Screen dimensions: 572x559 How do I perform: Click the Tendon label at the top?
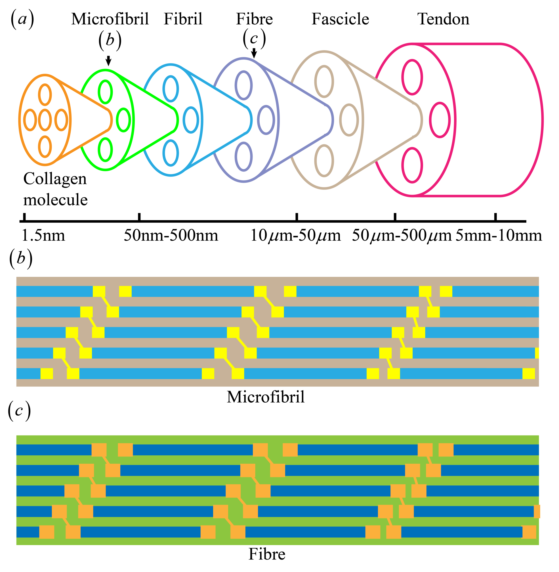(443, 19)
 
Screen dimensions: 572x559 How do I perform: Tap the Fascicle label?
(340, 19)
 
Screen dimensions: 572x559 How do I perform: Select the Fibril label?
(183, 19)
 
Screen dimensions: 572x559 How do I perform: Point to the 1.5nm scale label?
(43, 235)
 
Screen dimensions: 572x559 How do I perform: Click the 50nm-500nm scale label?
(171, 235)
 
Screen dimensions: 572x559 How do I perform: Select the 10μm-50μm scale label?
(295, 235)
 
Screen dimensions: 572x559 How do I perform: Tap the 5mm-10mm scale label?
(499, 235)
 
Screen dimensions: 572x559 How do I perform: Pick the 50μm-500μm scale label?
(401, 235)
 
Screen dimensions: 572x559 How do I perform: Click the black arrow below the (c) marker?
(254, 53)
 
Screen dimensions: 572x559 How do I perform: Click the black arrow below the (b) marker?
(108, 60)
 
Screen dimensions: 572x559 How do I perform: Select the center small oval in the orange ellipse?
(45, 120)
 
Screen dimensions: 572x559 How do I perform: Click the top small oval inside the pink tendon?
(412, 77)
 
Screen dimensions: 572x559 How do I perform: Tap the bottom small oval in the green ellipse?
(105, 150)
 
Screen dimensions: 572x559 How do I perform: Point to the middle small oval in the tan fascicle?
(349, 120)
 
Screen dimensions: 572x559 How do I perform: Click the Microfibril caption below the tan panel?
(266, 397)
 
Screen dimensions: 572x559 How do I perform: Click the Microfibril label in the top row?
(110, 19)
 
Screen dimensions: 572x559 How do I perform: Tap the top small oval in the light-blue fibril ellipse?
(171, 89)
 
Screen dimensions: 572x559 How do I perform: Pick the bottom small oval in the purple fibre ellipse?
(243, 157)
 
